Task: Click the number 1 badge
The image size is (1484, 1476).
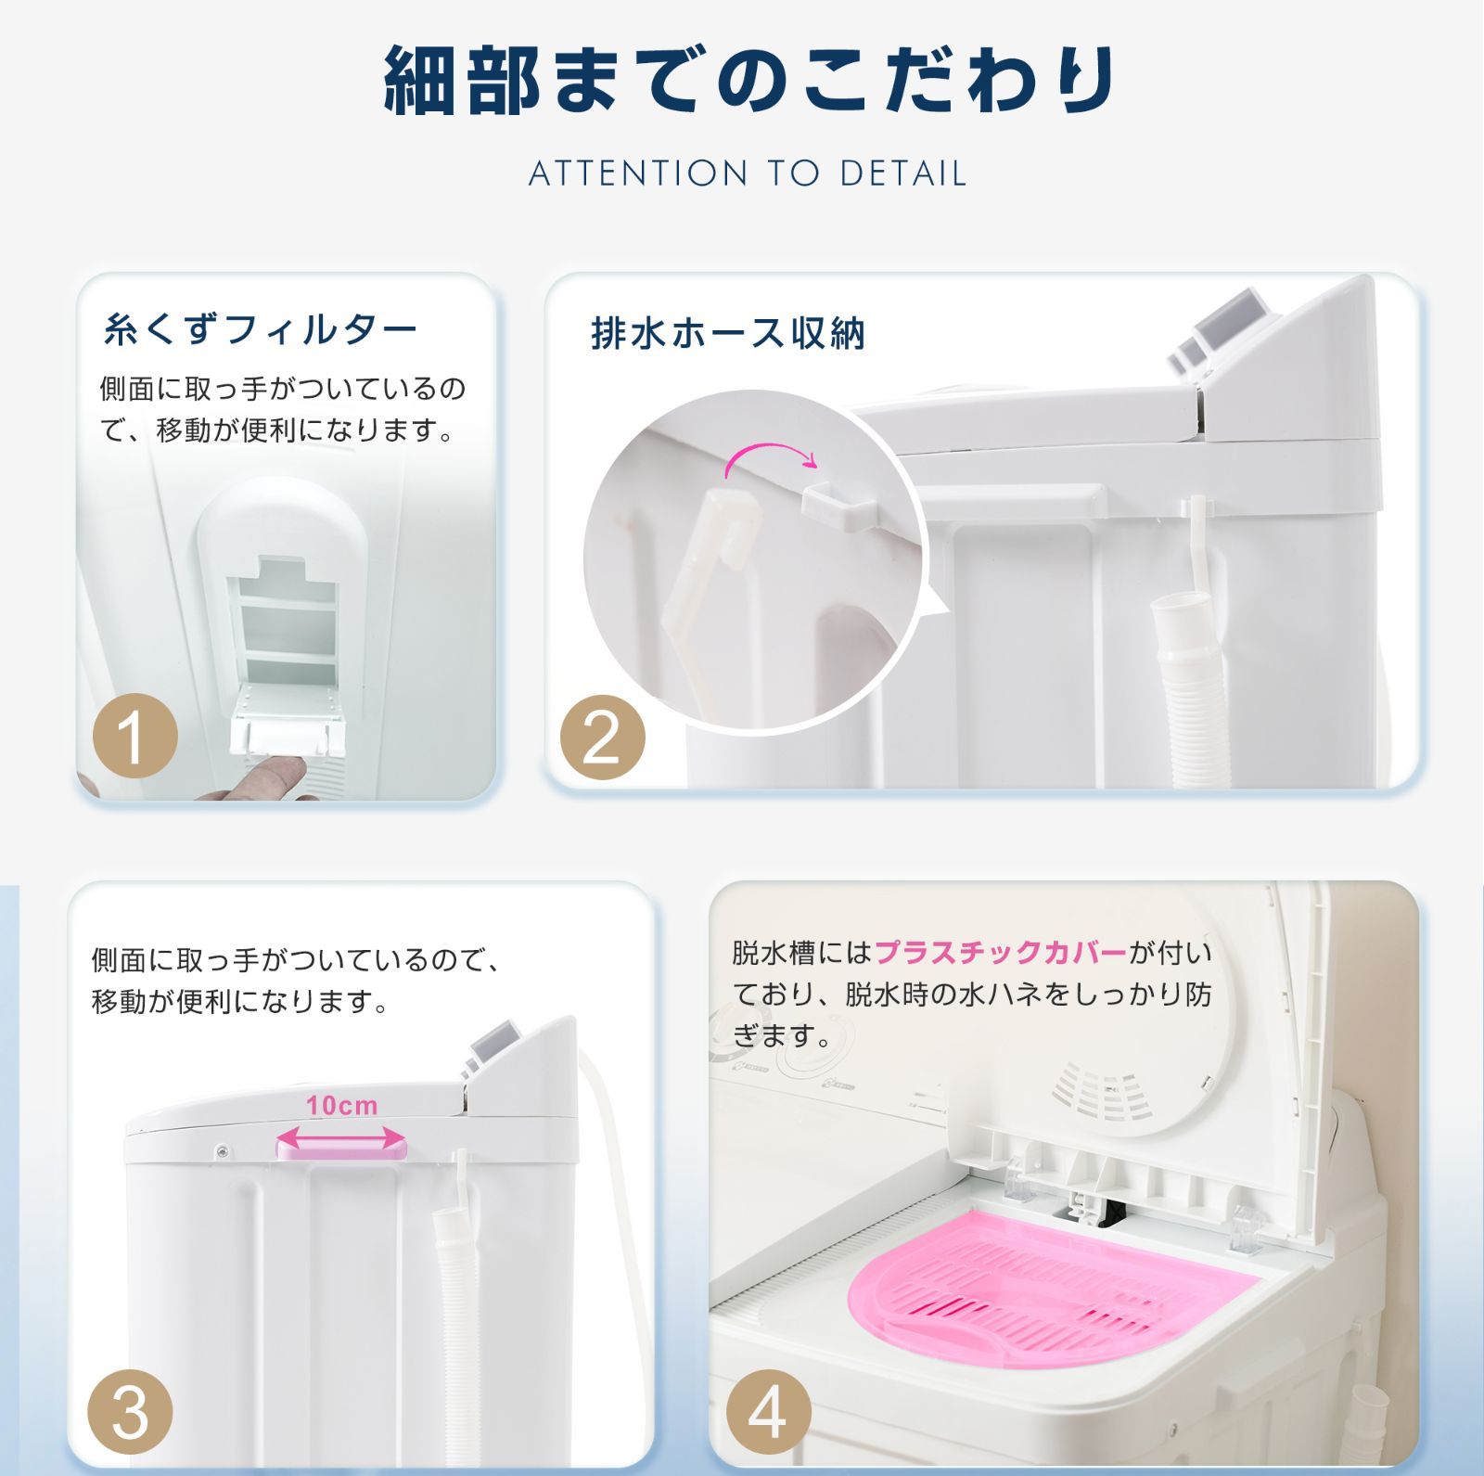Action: (x=135, y=738)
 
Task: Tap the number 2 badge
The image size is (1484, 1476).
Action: (x=602, y=738)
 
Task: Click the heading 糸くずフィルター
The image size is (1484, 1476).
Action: (x=260, y=329)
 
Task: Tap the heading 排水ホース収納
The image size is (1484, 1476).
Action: (x=728, y=333)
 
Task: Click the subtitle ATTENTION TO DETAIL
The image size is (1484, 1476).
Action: (x=748, y=173)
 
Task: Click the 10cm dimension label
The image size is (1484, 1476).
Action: (x=342, y=1105)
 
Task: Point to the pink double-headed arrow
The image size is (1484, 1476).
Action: (x=342, y=1138)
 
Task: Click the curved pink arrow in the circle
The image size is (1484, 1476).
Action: (x=770, y=457)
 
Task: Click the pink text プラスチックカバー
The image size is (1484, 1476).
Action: (x=1001, y=952)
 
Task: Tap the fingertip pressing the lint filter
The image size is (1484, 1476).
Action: (x=283, y=771)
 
